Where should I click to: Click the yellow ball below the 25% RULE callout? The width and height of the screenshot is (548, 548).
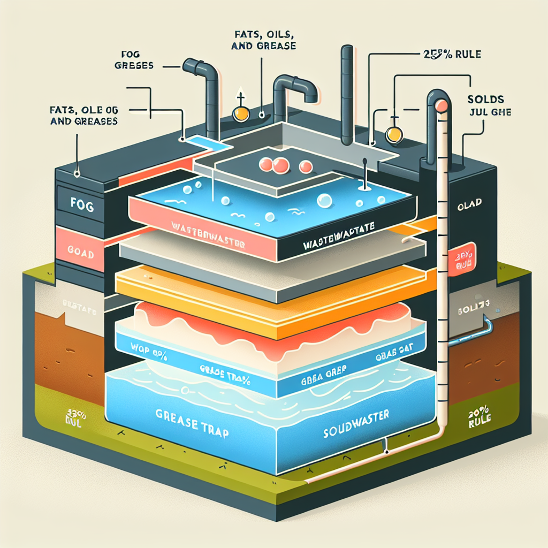tap(394, 134)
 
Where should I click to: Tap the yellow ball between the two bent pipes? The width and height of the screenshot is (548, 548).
tap(240, 113)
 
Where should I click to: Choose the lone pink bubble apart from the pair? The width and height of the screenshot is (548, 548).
tap(306, 167)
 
